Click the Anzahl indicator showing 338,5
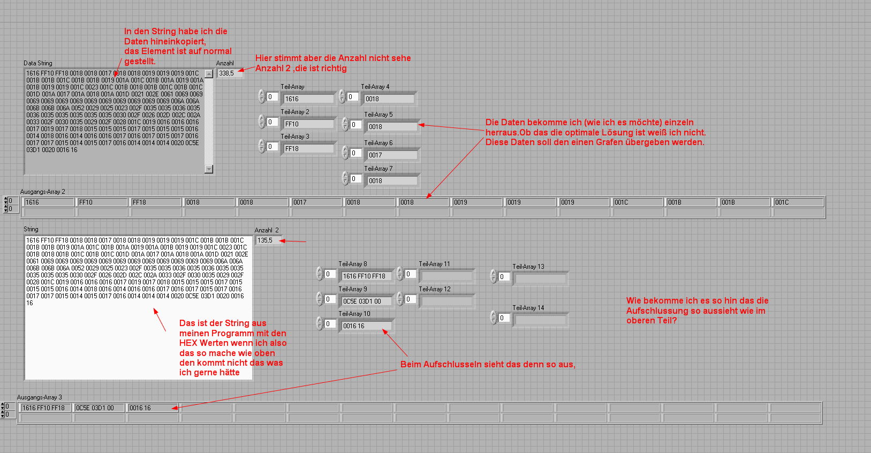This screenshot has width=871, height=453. pyautogui.click(x=230, y=73)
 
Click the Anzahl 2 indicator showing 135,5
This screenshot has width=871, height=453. pyautogui.click(x=268, y=240)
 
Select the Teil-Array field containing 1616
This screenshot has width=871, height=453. pyautogui.click(x=309, y=99)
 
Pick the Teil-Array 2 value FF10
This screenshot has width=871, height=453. pyautogui.click(x=309, y=124)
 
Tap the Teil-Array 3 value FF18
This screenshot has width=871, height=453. pyautogui.click(x=309, y=148)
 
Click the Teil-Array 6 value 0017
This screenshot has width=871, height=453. pyautogui.click(x=392, y=155)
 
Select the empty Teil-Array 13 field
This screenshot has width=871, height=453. pyautogui.click(x=541, y=279)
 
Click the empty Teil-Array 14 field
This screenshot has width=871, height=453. pyautogui.click(x=541, y=320)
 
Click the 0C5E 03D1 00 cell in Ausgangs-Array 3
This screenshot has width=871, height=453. pyautogui.click(x=99, y=408)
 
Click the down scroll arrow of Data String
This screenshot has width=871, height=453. pyautogui.click(x=209, y=169)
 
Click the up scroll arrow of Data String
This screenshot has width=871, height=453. pyautogui.click(x=209, y=73)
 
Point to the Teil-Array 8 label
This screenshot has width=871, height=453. pyautogui.click(x=353, y=264)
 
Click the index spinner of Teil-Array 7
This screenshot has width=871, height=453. pyautogui.click(x=345, y=178)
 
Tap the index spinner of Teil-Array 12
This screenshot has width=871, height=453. pyautogui.click(x=400, y=299)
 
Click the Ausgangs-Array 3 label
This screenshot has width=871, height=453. pyautogui.click(x=39, y=397)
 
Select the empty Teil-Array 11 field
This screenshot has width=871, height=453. pyautogui.click(x=447, y=276)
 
